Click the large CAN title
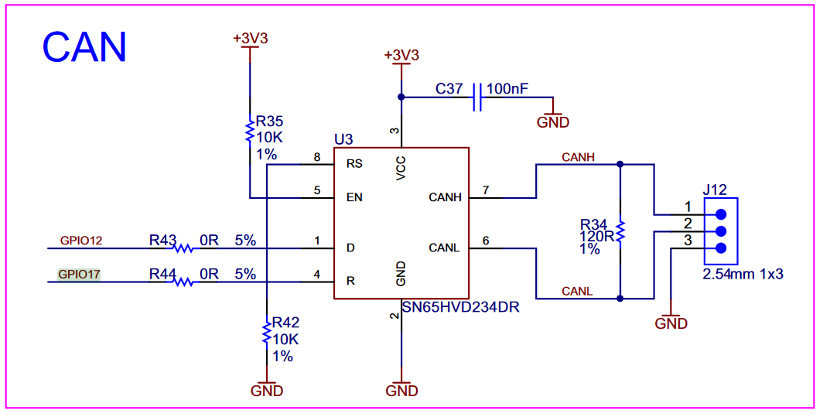84,47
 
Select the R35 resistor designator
270,121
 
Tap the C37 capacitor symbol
476,97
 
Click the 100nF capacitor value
507,90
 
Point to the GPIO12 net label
81,241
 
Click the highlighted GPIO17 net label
79,274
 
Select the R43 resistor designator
163,241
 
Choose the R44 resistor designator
163,274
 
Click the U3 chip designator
343,139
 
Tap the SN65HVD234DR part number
460,307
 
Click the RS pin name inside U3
354,164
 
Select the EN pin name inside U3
354,197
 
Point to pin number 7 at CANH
485,190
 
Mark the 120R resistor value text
598,237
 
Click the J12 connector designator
715,190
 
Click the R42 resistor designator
284,323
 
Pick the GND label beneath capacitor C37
553,122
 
